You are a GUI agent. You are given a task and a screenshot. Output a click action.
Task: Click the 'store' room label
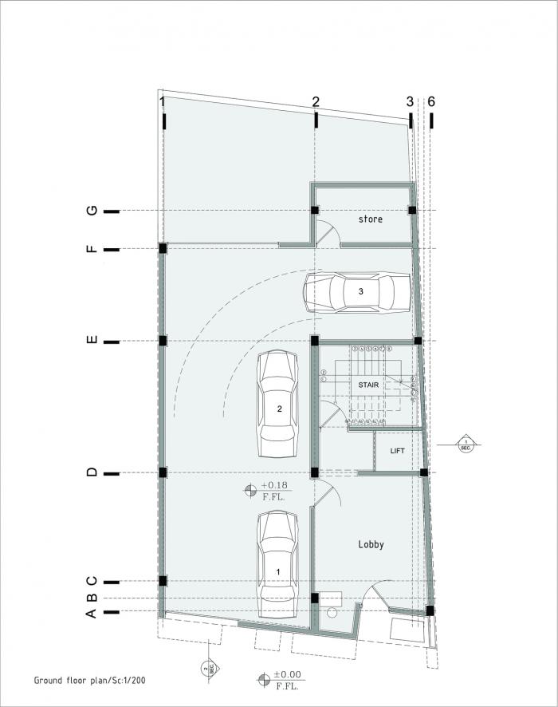[370, 219]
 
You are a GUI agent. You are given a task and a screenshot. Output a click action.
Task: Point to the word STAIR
[367, 384]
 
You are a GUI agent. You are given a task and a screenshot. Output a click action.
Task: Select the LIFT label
[397, 451]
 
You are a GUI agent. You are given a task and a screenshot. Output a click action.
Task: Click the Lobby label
[370, 544]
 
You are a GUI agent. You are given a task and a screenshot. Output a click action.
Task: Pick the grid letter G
[92, 211]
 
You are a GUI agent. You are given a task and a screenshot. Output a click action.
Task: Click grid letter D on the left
[92, 472]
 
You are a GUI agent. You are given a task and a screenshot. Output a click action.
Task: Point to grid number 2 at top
[316, 101]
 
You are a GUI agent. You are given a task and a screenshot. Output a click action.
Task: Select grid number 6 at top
[431, 101]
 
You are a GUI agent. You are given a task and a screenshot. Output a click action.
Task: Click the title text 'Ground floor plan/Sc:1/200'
[89, 681]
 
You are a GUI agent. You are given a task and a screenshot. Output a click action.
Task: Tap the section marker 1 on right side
[466, 443]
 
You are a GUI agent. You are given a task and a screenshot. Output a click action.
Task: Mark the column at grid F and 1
[163, 248]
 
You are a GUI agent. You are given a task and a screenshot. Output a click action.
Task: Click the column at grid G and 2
[316, 210]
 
